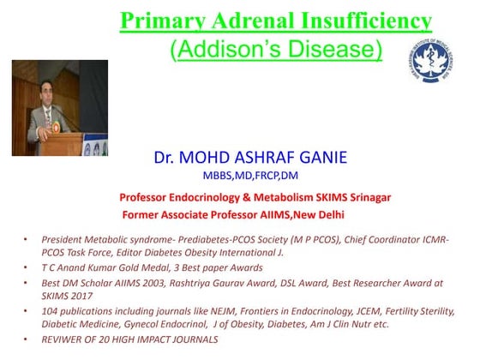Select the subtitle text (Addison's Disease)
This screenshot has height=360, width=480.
(x=277, y=48)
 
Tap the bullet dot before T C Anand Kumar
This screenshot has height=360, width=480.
(x=26, y=267)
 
